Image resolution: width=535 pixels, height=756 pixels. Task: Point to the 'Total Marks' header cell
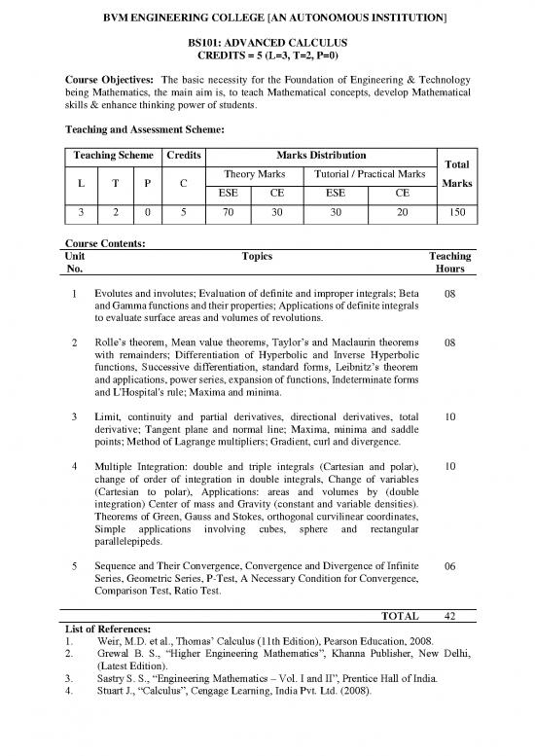(457, 174)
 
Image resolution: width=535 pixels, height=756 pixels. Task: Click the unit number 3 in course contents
(74, 417)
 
